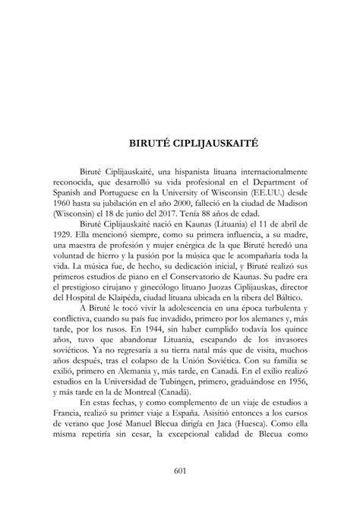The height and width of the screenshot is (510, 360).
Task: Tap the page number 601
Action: point(179,470)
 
